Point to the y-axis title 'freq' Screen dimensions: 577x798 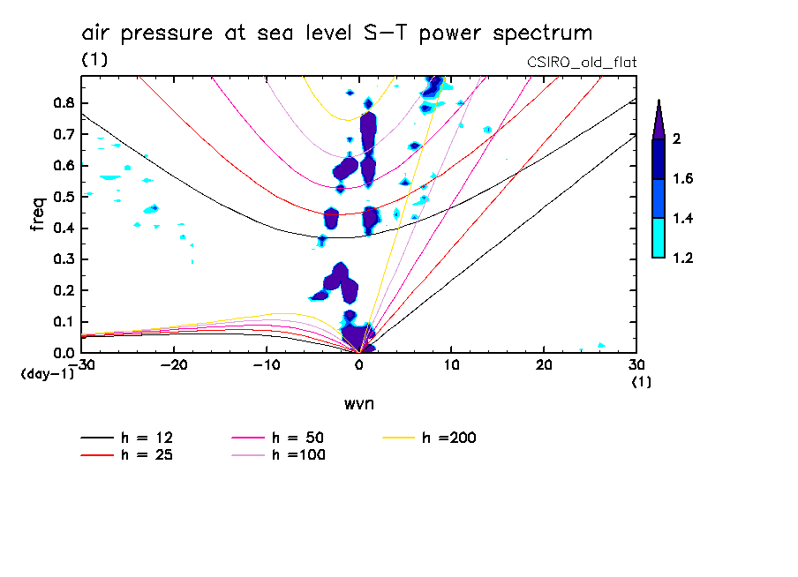pos(38,214)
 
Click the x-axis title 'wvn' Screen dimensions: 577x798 pos(358,403)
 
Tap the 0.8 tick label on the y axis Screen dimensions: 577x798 pos(64,102)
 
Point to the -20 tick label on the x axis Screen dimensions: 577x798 pos(175,364)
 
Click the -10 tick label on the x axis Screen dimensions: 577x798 pos(267,364)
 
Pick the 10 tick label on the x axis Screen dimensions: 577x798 pos(451,364)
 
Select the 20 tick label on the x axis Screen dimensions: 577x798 pos(544,364)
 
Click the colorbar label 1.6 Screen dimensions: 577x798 pos(682,179)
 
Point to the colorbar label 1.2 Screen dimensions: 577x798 pos(682,258)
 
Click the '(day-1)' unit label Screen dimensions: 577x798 pos(47,374)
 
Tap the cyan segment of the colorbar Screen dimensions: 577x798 pos(658,238)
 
